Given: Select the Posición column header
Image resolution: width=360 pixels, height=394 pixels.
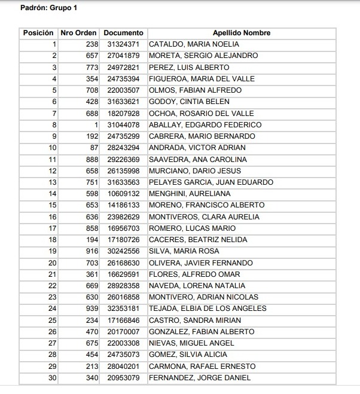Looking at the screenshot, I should click(x=38, y=33).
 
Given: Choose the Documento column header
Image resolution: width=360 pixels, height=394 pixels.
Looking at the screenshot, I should click(x=123, y=33).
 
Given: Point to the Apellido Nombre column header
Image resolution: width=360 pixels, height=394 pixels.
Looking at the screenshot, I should click(x=242, y=33).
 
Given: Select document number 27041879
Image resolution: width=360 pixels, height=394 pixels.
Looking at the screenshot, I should click(x=123, y=56).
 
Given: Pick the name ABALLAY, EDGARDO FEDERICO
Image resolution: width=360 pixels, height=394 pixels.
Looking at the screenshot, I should click(x=205, y=125).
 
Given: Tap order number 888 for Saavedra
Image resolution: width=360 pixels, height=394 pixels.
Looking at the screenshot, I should click(x=90, y=160).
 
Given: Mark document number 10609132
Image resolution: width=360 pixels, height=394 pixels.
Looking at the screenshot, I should click(x=123, y=194).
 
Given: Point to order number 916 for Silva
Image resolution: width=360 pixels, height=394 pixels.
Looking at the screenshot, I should click(x=90, y=251).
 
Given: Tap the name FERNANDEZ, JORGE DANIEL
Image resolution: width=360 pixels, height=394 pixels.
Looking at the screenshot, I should click(x=200, y=378).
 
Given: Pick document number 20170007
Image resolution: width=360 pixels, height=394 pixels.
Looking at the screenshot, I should click(x=123, y=332).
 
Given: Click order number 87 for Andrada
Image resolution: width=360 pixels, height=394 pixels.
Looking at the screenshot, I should click(x=93, y=148).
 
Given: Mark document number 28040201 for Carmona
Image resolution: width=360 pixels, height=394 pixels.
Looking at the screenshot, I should click(x=123, y=366).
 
